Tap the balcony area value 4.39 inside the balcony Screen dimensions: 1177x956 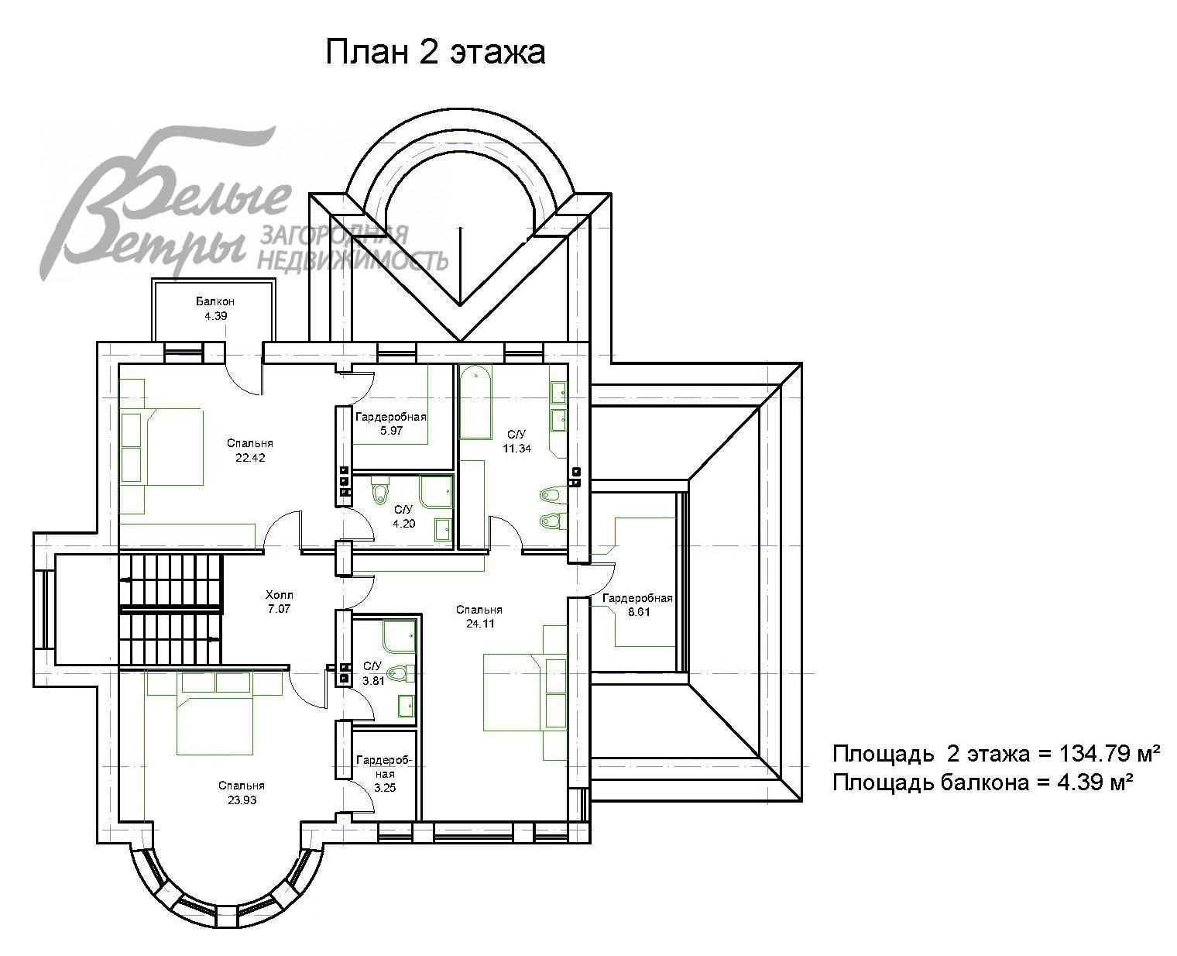(x=215, y=316)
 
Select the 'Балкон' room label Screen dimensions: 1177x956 (x=215, y=301)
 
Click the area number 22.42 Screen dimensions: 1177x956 (x=250, y=458)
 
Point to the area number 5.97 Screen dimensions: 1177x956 (x=391, y=431)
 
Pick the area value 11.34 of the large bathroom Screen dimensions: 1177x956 (x=516, y=449)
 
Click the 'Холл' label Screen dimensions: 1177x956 (x=279, y=595)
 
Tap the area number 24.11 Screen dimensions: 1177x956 (x=479, y=624)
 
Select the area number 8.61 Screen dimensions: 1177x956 (x=639, y=612)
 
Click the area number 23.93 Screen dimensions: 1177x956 (x=242, y=800)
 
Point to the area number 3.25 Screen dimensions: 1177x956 (x=385, y=788)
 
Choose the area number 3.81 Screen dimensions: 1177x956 (x=373, y=681)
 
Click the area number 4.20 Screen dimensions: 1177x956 (x=404, y=524)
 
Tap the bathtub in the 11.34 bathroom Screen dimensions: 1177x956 (x=475, y=401)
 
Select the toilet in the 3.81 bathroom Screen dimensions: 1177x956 (x=400, y=673)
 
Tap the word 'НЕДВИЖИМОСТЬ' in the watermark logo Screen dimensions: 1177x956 (x=353, y=260)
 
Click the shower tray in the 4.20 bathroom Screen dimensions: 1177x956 (x=436, y=491)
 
